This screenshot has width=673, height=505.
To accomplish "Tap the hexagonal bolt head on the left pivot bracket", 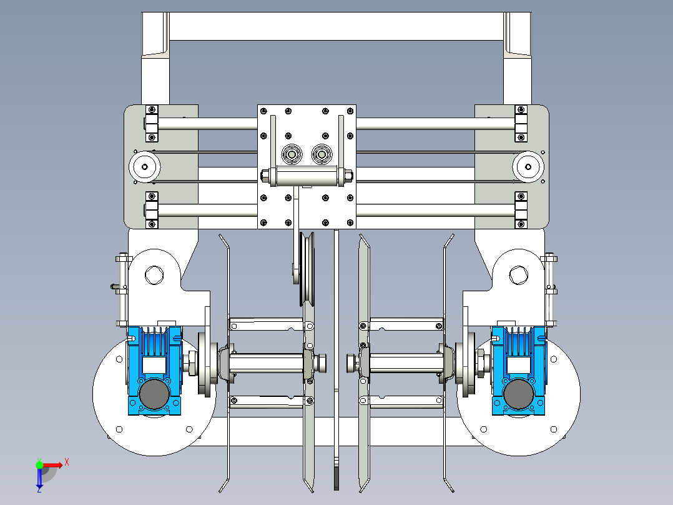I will coord(153,274).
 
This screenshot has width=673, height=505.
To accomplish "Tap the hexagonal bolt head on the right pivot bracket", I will coord(518,274).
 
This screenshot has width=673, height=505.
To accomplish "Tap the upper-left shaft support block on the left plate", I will coord(152,124).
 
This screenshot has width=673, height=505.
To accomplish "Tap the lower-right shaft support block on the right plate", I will coord(521,210).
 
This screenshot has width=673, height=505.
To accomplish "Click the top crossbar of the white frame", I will coord(336,26).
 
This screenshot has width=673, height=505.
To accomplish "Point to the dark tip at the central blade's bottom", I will coord(336,478).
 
